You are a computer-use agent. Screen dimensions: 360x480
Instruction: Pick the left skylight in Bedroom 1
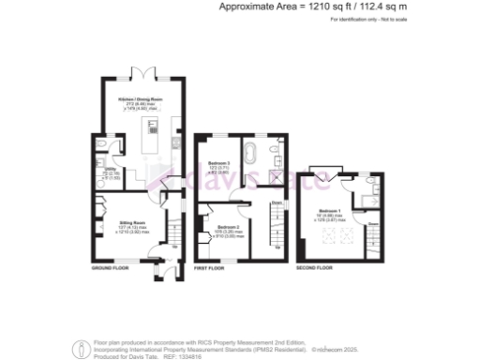pyautogui.click(x=328, y=237)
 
